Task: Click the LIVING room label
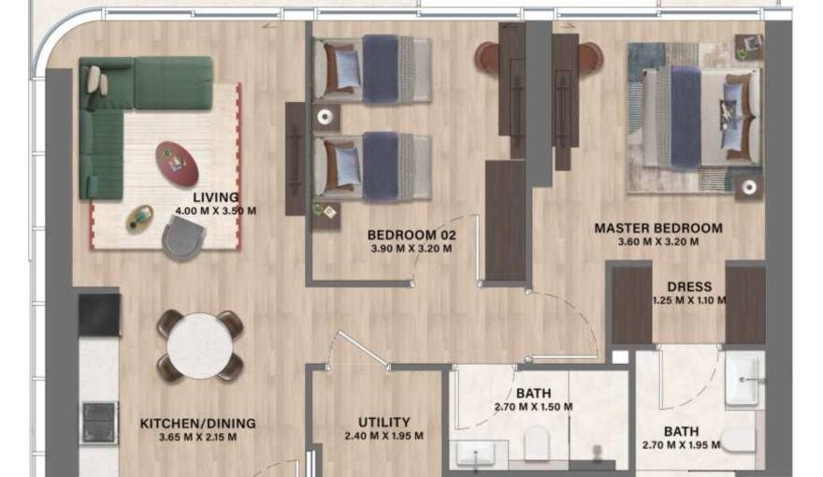[x=216, y=197]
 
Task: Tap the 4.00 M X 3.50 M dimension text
[x=216, y=211]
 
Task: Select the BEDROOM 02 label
[x=411, y=235]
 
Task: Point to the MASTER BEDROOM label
[x=658, y=228]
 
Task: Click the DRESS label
[x=689, y=287]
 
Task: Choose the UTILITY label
[x=383, y=423]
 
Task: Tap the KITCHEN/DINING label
[x=198, y=424]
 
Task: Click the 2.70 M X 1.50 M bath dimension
[x=533, y=407]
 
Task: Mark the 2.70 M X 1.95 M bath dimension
[x=681, y=445]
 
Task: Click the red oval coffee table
[x=177, y=164]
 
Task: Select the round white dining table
[x=200, y=346]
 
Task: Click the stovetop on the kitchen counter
[x=99, y=423]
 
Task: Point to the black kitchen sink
[x=99, y=315]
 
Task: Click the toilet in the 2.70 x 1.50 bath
[x=537, y=441]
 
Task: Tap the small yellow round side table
[x=139, y=219]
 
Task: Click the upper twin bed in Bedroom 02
[x=372, y=69]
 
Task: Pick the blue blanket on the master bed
[x=686, y=117]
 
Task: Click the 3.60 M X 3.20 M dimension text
[x=658, y=242]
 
